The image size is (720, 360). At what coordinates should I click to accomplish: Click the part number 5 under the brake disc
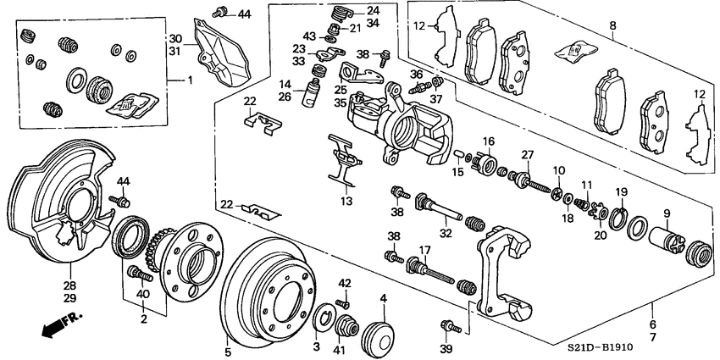(x=227, y=352)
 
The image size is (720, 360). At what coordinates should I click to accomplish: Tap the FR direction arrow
(x=58, y=325)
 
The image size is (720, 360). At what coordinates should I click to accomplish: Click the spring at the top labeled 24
(x=339, y=14)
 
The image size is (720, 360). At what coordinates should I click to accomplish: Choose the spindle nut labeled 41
(x=346, y=330)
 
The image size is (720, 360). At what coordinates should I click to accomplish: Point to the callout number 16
(x=488, y=140)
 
